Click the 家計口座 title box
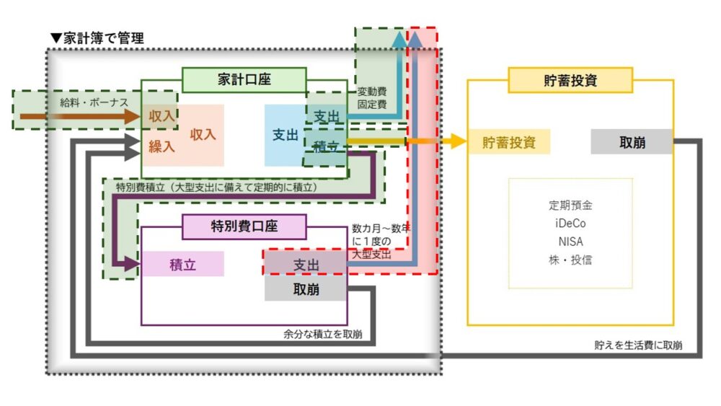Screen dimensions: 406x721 244,80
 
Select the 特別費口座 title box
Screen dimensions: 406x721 244,226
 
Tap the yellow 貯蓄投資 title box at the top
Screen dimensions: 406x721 570,80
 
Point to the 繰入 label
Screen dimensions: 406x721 162,146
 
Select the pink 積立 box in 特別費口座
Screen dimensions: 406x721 182,264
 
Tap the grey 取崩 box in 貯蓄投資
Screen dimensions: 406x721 632,142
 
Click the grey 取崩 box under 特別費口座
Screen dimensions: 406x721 306,289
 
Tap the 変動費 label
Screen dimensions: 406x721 372,92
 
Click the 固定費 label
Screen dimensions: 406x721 372,105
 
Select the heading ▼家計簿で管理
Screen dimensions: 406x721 97,38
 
